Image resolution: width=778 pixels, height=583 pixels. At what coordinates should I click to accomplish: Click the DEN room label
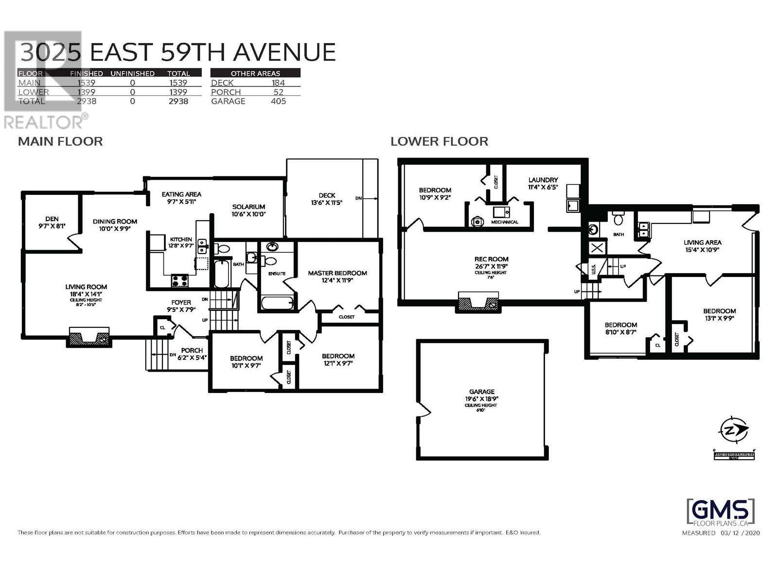pyautogui.click(x=52, y=219)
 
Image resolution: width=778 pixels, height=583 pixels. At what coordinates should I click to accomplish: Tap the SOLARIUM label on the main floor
pyautogui.click(x=248, y=207)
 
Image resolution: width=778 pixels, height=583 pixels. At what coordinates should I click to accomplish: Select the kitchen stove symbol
pyautogui.click(x=179, y=280)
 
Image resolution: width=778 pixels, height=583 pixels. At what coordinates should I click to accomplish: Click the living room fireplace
pyautogui.click(x=89, y=337)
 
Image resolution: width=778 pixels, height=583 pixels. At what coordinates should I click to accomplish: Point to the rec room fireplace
pyautogui.click(x=477, y=303)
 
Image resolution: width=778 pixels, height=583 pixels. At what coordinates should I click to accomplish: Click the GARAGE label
pyautogui.click(x=482, y=392)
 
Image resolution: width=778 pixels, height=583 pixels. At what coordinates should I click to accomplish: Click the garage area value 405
pyautogui.click(x=278, y=101)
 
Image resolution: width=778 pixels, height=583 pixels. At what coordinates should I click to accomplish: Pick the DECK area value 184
pyautogui.click(x=278, y=83)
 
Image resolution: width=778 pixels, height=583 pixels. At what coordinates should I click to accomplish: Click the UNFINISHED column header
pyautogui.click(x=132, y=73)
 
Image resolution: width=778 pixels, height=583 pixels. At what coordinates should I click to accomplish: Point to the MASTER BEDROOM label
pyautogui.click(x=337, y=273)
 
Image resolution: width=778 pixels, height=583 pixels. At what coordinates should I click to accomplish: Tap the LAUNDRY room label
pyautogui.click(x=543, y=180)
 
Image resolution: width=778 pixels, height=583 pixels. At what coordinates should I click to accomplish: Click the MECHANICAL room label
pyautogui.click(x=504, y=222)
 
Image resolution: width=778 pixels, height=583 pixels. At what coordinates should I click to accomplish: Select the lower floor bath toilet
pyautogui.click(x=619, y=219)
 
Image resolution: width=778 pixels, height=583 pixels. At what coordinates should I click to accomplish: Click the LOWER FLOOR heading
pyautogui.click(x=439, y=141)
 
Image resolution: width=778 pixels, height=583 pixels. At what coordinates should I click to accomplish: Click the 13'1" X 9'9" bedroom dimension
pyautogui.click(x=719, y=319)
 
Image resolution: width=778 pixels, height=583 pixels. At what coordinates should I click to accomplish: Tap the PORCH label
pyautogui.click(x=192, y=350)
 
